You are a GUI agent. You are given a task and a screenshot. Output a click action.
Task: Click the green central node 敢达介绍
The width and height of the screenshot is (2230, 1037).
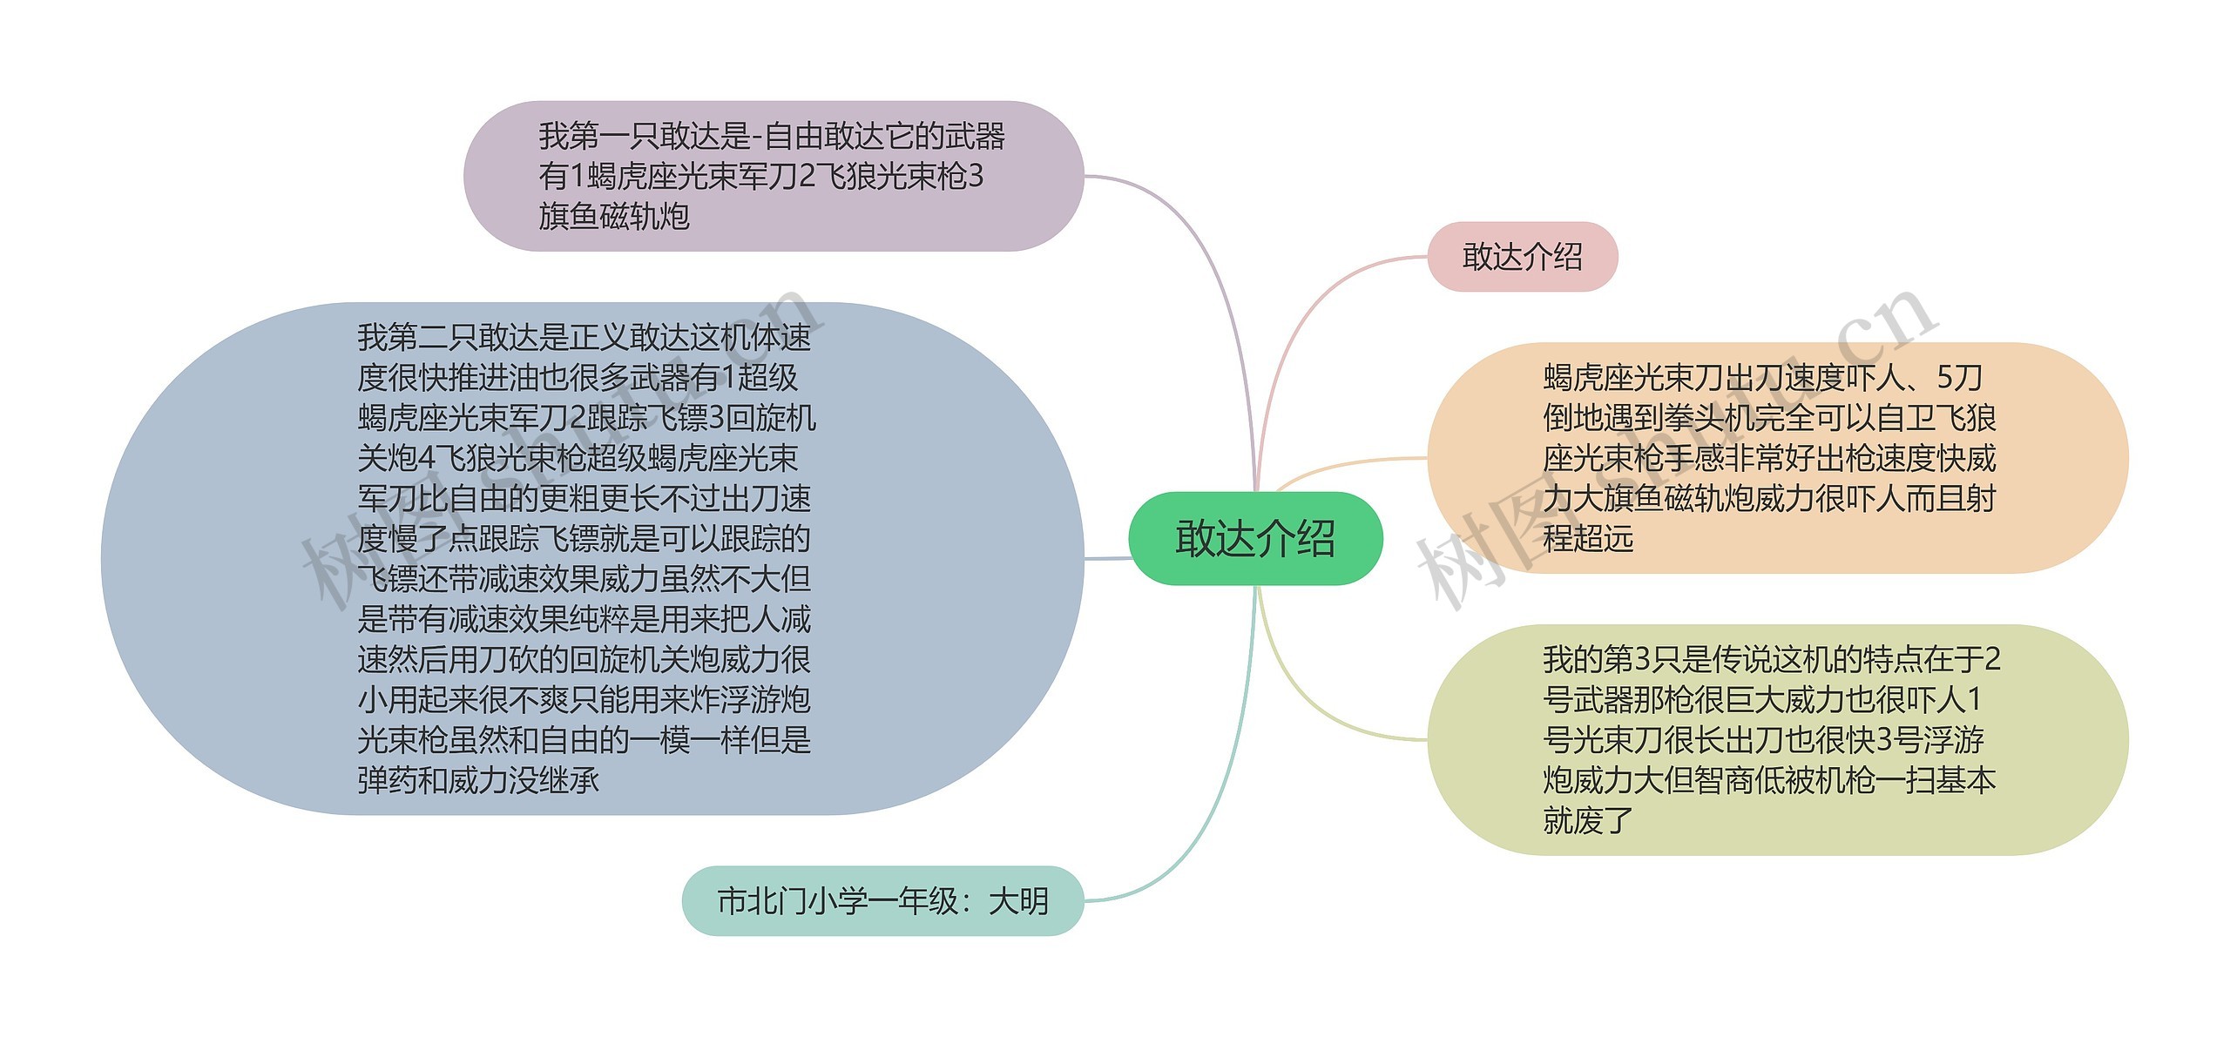1255,538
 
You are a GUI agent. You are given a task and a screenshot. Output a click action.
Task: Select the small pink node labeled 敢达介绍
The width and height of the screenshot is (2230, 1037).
1522,257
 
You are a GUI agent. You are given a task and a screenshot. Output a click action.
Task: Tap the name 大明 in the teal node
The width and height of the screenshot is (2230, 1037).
1018,901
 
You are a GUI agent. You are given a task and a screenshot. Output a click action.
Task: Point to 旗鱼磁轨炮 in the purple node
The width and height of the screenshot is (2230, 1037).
614,216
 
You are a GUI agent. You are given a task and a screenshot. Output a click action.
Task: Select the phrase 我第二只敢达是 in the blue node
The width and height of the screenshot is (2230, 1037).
462,337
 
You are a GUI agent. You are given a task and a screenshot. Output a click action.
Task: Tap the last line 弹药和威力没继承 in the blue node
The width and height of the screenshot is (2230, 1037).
478,780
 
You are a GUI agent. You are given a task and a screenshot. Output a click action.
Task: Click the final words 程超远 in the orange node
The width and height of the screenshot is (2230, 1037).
1588,538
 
